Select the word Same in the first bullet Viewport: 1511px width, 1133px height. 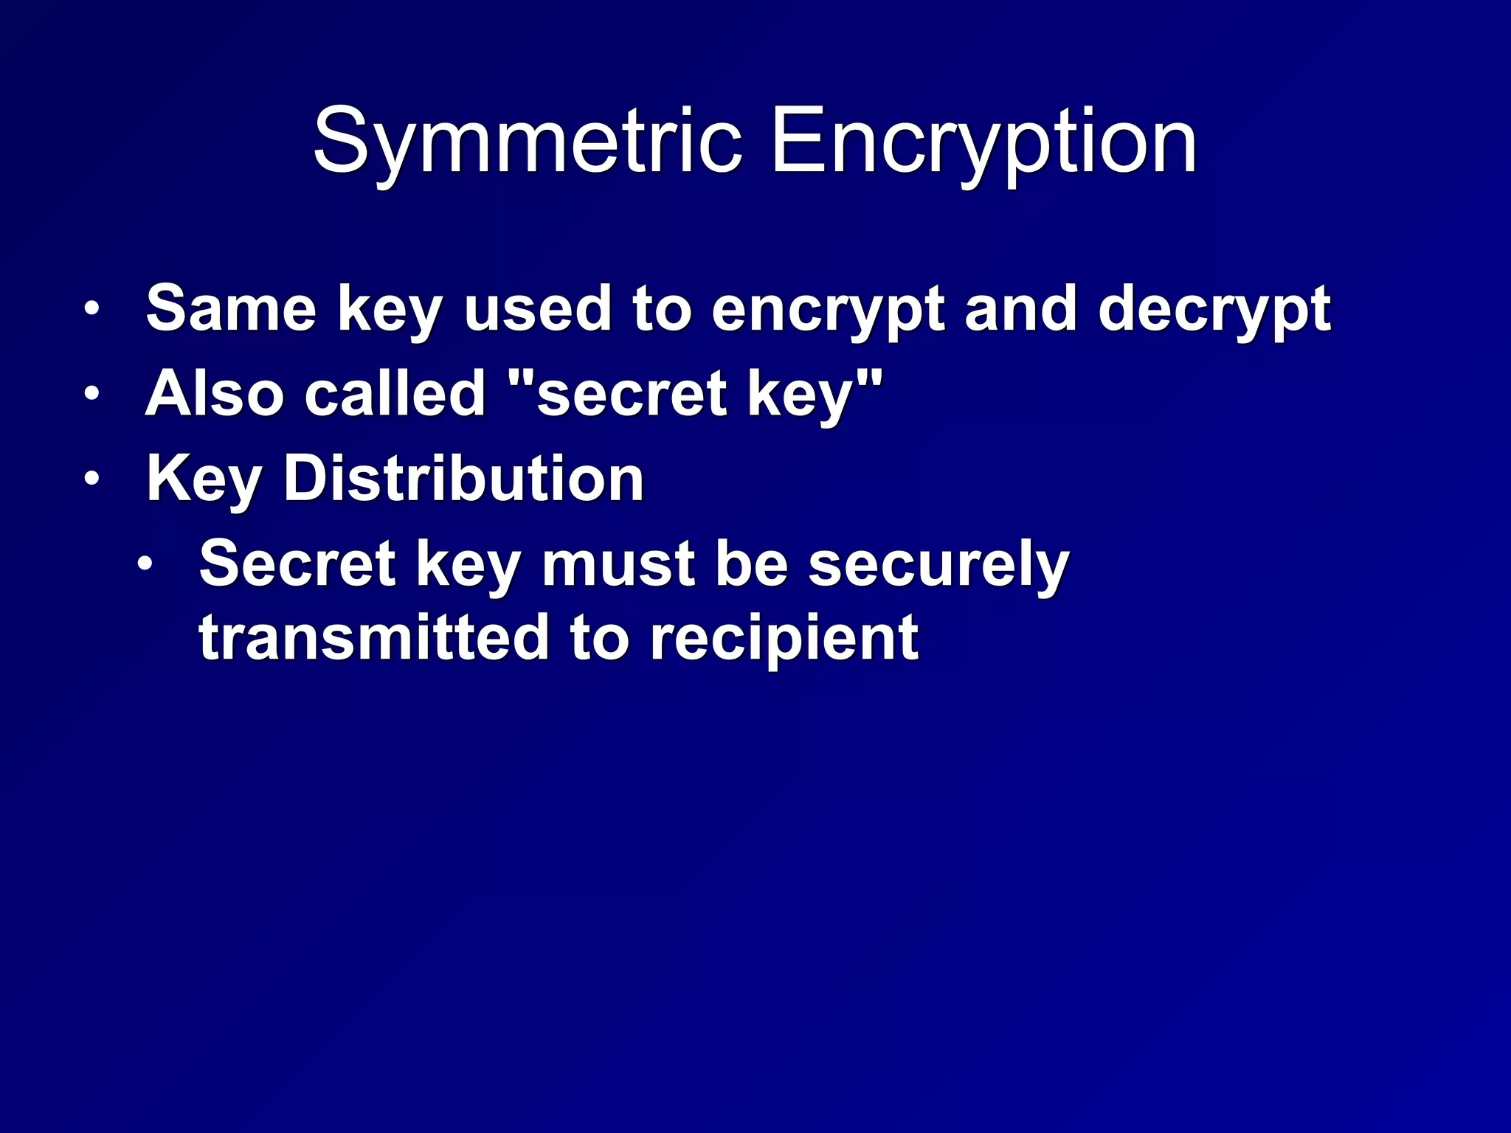coord(231,308)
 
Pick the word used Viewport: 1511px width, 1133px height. coord(537,308)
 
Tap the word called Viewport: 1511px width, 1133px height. coord(395,393)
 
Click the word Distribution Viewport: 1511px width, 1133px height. coord(464,478)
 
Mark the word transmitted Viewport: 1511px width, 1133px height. coord(373,637)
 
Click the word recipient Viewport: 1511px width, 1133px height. coord(784,638)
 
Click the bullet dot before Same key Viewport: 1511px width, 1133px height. coord(91,309)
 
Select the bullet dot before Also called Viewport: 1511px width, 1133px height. coord(91,394)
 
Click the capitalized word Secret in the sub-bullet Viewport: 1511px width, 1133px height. coord(297,564)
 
